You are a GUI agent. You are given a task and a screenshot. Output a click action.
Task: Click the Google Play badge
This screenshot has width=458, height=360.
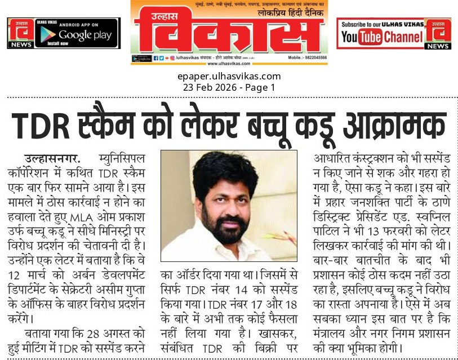[x=77, y=33]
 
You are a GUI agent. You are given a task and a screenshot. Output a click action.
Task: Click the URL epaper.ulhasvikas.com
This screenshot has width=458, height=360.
[x=229, y=77]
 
